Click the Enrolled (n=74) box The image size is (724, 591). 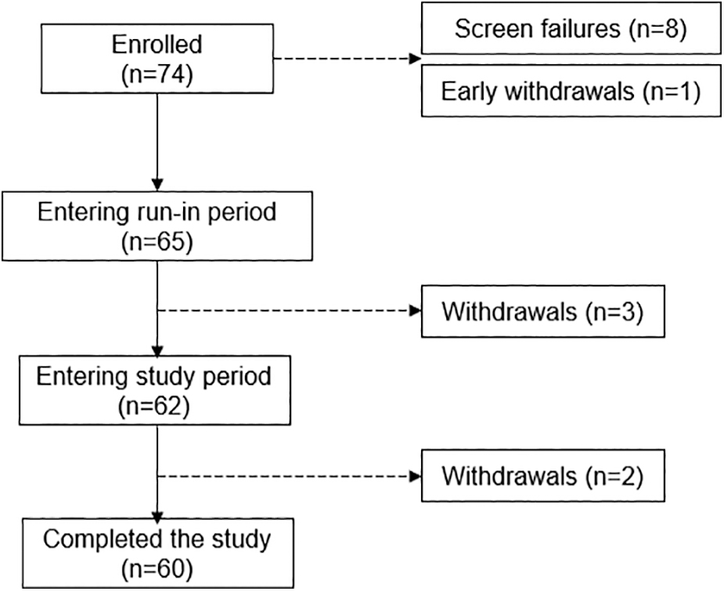pyautogui.click(x=157, y=59)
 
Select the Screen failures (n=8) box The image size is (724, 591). pyautogui.click(x=571, y=29)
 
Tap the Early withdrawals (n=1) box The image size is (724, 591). pyautogui.click(x=571, y=91)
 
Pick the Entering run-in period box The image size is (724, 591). pyautogui.click(x=157, y=226)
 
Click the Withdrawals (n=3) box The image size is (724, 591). pyautogui.click(x=543, y=312)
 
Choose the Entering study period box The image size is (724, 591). pyautogui.click(x=155, y=390)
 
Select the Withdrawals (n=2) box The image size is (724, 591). pyautogui.click(x=543, y=476)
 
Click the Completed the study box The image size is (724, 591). pyautogui.click(x=157, y=553)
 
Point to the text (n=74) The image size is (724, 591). pyautogui.click(x=157, y=74)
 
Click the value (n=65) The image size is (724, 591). pyautogui.click(x=157, y=241)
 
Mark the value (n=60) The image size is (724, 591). pyautogui.click(x=157, y=569)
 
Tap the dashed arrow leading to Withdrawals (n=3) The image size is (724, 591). pyautogui.click(x=290, y=311)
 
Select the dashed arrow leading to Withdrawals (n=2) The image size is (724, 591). pyautogui.click(x=290, y=476)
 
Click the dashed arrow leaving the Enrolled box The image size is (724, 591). pyautogui.click(x=348, y=59)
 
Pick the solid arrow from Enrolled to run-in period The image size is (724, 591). pyautogui.click(x=157, y=142)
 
